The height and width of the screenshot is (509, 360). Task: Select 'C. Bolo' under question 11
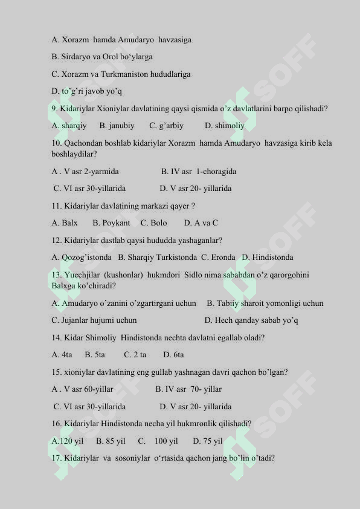tap(153, 223)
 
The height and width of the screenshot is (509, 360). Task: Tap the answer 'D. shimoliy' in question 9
tap(225, 126)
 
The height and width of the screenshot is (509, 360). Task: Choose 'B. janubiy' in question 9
tap(117, 126)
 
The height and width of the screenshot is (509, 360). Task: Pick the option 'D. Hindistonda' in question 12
tap(268, 258)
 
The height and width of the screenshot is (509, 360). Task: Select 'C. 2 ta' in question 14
tap(135, 355)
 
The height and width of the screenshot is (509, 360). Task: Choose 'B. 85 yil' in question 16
tap(111, 441)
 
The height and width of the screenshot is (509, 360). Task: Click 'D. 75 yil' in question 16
tap(208, 441)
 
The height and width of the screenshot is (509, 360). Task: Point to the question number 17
tap(57, 458)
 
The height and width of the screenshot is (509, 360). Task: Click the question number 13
tap(57, 275)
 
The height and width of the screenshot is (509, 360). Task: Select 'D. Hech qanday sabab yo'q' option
tap(251, 320)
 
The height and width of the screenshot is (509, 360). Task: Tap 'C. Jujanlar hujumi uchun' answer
tap(94, 320)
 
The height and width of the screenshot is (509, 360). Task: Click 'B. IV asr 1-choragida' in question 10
tap(199, 172)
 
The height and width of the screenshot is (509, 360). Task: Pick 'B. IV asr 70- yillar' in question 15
tap(188, 389)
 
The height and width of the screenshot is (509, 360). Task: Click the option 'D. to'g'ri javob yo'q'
tap(87, 91)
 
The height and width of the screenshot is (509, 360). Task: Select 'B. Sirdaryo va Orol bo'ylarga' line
tap(102, 57)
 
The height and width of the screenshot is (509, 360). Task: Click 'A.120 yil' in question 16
tap(68, 441)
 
